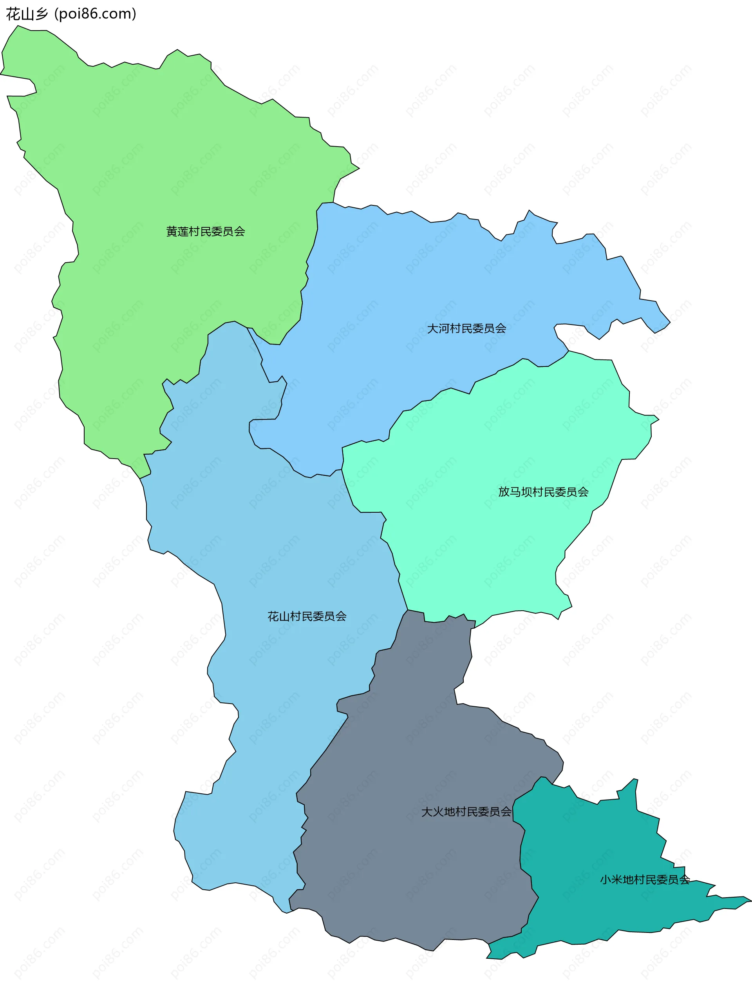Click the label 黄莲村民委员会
206,232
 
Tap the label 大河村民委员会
466,329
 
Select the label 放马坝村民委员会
543,492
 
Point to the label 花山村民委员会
307,616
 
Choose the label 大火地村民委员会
466,812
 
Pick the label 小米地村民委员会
645,880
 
